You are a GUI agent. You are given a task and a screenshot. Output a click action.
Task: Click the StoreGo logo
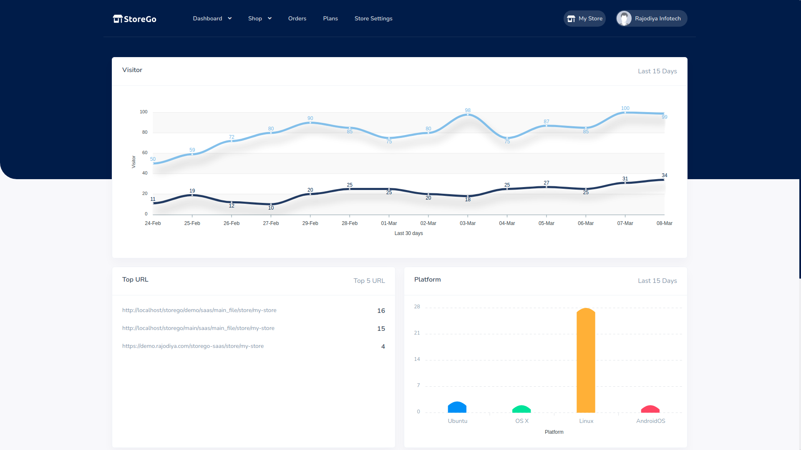(134, 19)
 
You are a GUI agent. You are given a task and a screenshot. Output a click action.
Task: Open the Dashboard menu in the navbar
(212, 18)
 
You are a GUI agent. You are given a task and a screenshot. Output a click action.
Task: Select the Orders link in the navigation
(297, 18)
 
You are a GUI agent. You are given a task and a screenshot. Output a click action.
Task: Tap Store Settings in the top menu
(373, 18)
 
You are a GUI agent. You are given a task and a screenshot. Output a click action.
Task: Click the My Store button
(584, 18)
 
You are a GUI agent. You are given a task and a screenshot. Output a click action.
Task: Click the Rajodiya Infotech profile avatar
(624, 18)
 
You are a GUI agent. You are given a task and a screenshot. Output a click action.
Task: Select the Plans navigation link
(330, 18)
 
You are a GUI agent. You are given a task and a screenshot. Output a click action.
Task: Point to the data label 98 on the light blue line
(468, 110)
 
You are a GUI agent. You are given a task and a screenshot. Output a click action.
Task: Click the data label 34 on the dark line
(665, 175)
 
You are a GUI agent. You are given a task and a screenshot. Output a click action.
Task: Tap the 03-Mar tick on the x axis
(468, 223)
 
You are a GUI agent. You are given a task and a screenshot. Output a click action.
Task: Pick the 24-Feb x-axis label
(153, 223)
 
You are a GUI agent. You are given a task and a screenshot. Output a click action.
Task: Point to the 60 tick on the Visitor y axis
(145, 152)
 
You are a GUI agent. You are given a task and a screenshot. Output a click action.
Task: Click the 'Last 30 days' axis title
(408, 233)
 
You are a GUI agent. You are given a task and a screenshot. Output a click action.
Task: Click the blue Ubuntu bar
(457, 407)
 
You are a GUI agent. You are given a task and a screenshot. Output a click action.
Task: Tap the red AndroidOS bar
(650, 409)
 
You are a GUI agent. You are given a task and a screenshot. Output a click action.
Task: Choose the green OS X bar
(521, 409)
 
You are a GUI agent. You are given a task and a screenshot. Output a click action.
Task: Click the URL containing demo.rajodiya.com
(193, 346)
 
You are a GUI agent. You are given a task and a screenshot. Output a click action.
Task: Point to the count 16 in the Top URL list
(381, 311)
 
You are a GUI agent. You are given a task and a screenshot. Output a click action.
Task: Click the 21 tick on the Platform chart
(417, 333)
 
